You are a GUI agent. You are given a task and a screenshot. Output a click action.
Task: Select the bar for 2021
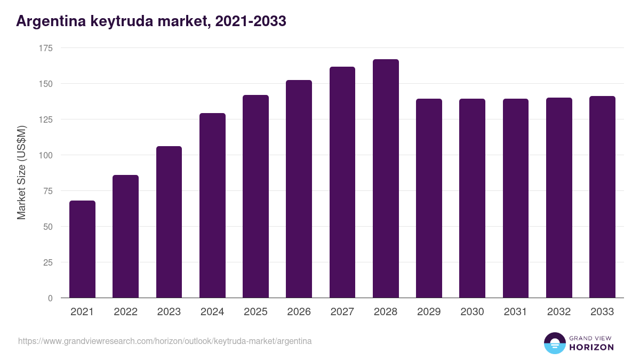pyautogui.click(x=82, y=249)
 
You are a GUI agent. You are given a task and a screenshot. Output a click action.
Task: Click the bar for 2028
pyautogui.click(x=386, y=179)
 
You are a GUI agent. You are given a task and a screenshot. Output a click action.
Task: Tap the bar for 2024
pyautogui.click(x=212, y=205)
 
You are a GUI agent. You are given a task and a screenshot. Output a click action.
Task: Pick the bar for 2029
pyautogui.click(x=429, y=198)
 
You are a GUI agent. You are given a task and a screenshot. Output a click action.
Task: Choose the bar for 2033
pyautogui.click(x=602, y=197)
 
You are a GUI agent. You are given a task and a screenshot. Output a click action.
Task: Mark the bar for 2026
pyautogui.click(x=299, y=189)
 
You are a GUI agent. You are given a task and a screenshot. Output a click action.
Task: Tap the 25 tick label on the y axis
pyautogui.click(x=48, y=262)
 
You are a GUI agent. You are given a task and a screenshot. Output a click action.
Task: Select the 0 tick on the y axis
pyautogui.click(x=50, y=298)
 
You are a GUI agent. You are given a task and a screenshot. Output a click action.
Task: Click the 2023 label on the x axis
pyautogui.click(x=169, y=312)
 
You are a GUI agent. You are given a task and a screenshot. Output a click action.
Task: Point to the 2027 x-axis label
pyautogui.click(x=342, y=312)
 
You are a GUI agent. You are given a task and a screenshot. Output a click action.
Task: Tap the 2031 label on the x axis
pyautogui.click(x=515, y=312)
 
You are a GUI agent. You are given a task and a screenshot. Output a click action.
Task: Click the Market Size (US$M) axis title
pyautogui.click(x=21, y=173)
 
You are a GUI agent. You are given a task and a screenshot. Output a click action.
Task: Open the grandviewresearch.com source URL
pyautogui.click(x=165, y=341)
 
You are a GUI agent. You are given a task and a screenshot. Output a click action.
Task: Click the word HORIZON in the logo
pyautogui.click(x=591, y=347)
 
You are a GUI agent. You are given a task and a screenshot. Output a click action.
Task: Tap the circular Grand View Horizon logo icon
pyautogui.click(x=554, y=343)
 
